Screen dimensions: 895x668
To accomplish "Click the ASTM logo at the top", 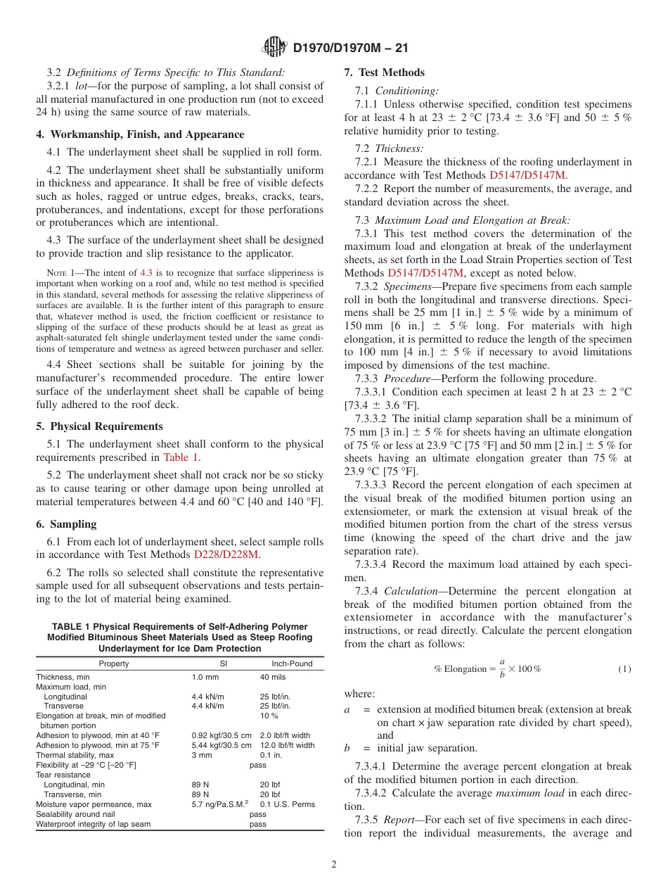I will pos(274,48).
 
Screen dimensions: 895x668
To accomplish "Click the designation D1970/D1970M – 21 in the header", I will pos(350,49).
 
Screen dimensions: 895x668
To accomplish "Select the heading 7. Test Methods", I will pos(384,72).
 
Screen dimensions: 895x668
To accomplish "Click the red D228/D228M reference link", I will pos(226,554).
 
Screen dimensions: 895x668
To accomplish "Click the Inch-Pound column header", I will pos(292,664).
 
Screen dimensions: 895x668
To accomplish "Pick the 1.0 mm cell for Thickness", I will pos(205,677).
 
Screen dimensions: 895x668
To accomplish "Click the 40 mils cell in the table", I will pos(273,677).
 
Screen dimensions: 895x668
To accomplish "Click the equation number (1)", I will pos(624,669).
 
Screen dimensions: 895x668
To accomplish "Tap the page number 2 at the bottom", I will pos(334,865).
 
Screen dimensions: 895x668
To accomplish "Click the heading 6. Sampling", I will pos(66,524).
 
